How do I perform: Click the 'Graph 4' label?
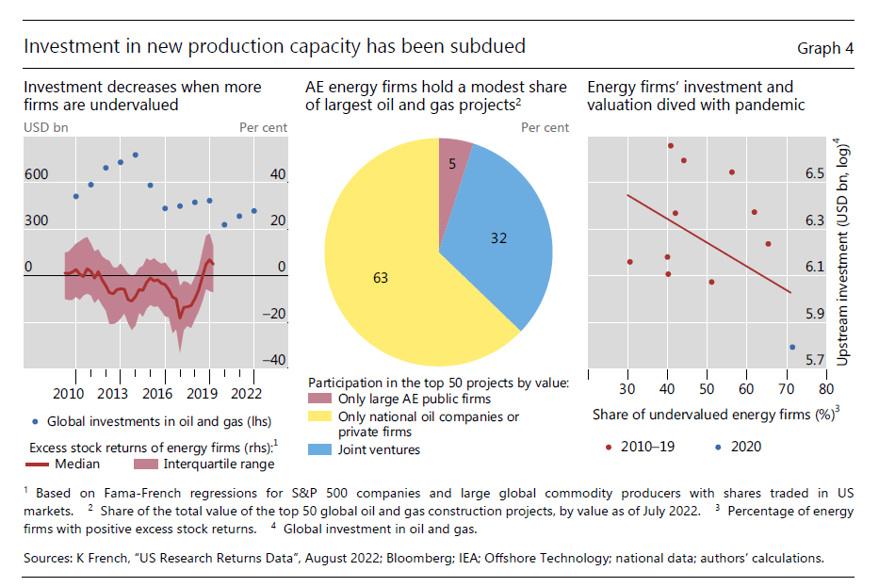(825, 48)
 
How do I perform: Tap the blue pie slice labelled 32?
(498, 238)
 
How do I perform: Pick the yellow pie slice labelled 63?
(380, 278)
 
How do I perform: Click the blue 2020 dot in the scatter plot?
(791, 347)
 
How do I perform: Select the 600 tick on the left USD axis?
(36, 174)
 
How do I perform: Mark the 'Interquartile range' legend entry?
(220, 464)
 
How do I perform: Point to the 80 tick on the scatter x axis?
(825, 388)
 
